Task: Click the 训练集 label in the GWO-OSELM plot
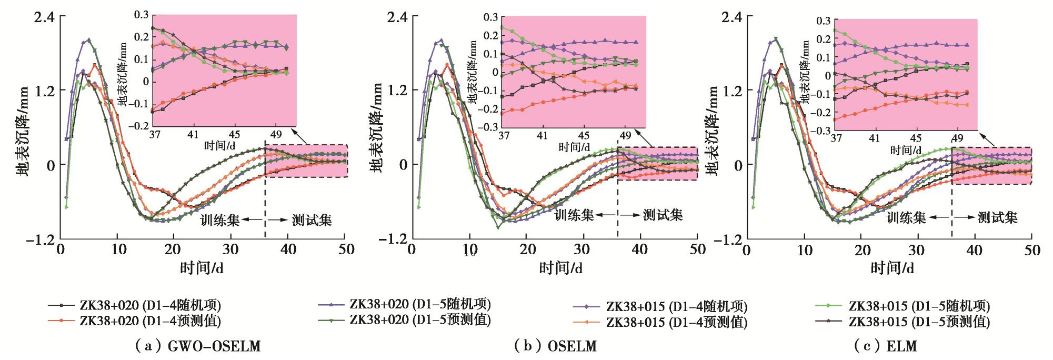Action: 220,219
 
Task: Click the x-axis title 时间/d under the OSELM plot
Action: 560,268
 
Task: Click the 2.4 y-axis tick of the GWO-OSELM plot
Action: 44,16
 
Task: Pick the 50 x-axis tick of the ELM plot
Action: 1032,251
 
